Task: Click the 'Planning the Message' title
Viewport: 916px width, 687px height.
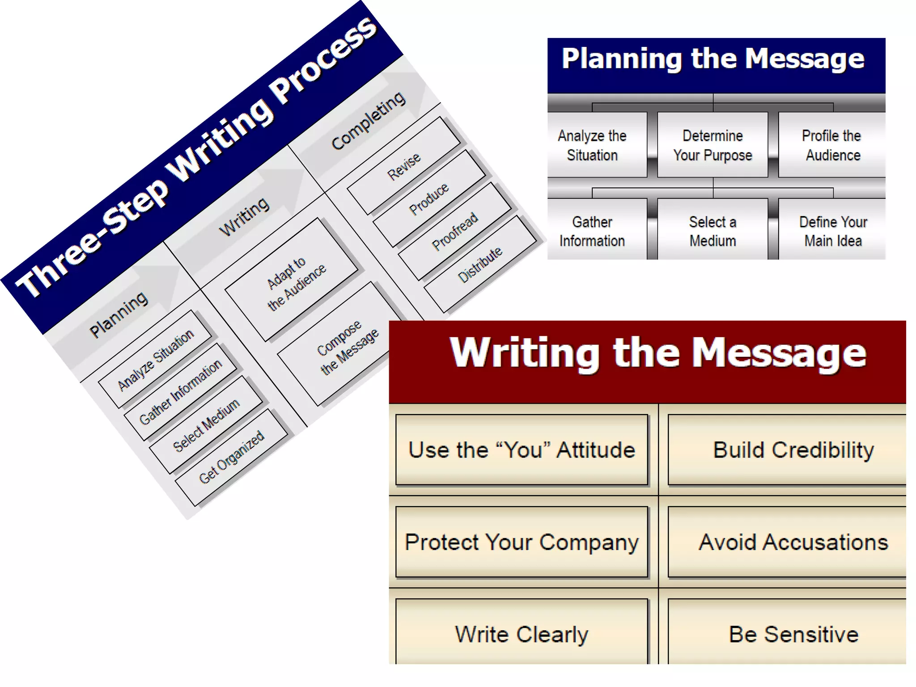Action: pyautogui.click(x=713, y=59)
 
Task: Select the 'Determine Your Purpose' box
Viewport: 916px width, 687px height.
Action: pyautogui.click(x=712, y=145)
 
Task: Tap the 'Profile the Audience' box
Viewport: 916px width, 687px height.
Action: pyautogui.click(x=832, y=145)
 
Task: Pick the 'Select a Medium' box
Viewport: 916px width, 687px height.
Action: pyautogui.click(x=712, y=231)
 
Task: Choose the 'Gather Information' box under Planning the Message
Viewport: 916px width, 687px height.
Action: pyautogui.click(x=593, y=231)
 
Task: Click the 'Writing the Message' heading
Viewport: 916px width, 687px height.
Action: pyautogui.click(x=657, y=353)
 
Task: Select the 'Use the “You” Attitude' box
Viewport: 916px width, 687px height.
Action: pyautogui.click(x=522, y=450)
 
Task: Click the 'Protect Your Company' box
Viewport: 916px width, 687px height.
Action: pyautogui.click(x=522, y=542)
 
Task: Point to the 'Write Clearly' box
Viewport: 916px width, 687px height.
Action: pyautogui.click(x=522, y=634)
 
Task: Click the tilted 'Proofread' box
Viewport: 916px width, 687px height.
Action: pyautogui.click(x=455, y=231)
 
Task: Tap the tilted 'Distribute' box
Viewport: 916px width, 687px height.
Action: pyautogui.click(x=480, y=264)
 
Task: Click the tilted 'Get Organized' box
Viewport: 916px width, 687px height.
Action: pyautogui.click(x=231, y=458)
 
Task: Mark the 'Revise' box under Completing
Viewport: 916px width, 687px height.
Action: pyautogui.click(x=403, y=166)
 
